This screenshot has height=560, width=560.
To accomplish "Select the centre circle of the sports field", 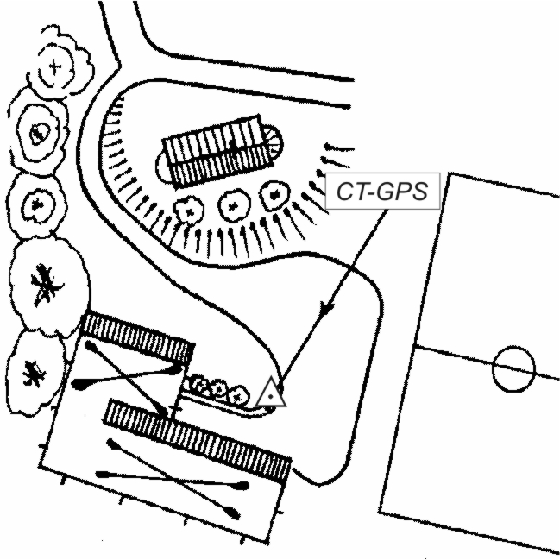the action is pos(513,368).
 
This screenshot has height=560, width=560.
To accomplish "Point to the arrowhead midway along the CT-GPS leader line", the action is pos(326,308).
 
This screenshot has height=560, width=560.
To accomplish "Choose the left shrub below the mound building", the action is pos(187,207).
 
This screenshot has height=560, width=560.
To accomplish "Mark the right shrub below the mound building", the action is pos(274,197).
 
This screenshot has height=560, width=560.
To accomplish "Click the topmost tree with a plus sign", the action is pos(57,64).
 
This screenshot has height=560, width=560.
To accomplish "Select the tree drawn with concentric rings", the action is pos(40,132).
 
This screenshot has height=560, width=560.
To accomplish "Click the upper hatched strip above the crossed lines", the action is pos(135,337).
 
